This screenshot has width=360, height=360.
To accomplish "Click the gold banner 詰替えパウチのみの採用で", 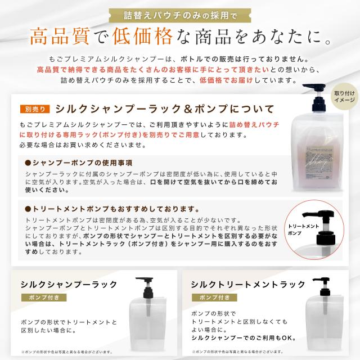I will point(179,13).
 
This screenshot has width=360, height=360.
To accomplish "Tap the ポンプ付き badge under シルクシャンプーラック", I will point(43,298).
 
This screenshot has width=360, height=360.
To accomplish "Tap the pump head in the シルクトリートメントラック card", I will point(322,285).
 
